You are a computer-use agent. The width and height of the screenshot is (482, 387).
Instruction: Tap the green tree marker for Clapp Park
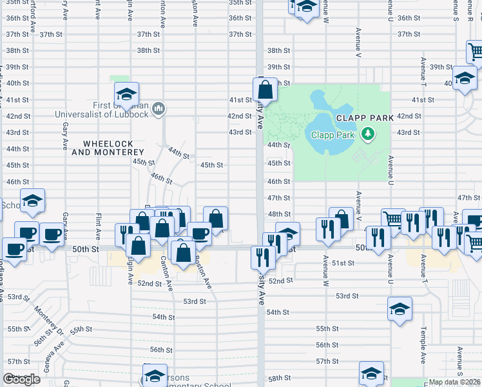[x=368, y=134]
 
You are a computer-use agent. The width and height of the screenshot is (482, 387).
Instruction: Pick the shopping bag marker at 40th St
[x=265, y=90]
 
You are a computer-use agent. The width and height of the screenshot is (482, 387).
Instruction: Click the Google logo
[x=21, y=379]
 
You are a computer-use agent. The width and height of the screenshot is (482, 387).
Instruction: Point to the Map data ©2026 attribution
[x=454, y=382]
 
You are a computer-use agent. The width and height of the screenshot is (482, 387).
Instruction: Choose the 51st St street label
[x=343, y=263]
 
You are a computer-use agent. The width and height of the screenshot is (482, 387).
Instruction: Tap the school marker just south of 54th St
[x=400, y=309]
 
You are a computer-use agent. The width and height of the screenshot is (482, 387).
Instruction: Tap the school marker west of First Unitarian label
[x=127, y=95]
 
